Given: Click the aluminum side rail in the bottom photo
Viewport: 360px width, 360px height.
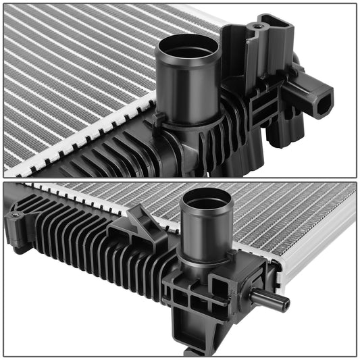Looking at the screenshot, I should (x=317, y=250).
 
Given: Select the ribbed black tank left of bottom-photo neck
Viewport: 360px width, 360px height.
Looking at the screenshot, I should (x=88, y=243).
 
